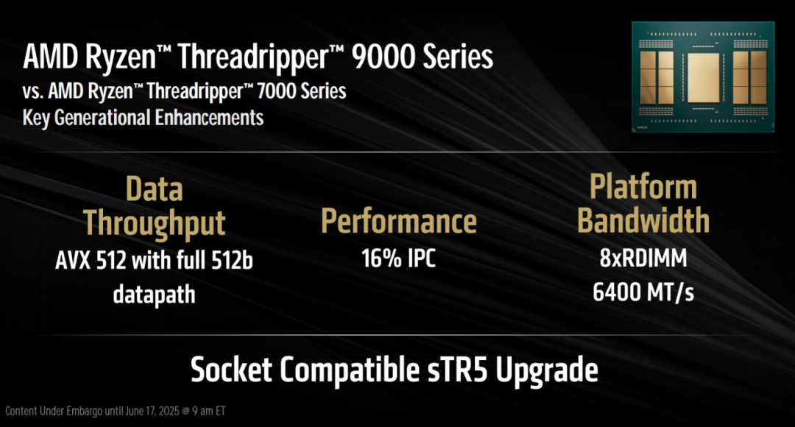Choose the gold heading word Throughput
154,222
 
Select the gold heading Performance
398,222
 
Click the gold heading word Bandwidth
643,220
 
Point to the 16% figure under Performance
378,259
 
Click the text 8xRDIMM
643,259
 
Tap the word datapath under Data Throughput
154,294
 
